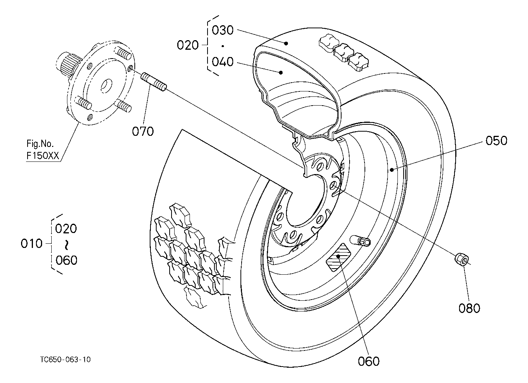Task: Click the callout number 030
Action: [222, 30]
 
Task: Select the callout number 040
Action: [222, 62]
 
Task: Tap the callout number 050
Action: [496, 141]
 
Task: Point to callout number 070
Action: [142, 131]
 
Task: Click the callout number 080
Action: [469, 308]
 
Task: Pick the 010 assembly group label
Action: [31, 243]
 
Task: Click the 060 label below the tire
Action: [369, 361]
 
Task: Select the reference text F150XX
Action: [43, 156]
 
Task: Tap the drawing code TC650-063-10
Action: [65, 360]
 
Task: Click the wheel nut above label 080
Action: [461, 259]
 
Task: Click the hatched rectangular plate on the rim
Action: [338, 257]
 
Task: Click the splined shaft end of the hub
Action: [68, 64]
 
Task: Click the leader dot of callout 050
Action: [392, 169]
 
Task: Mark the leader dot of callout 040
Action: [281, 73]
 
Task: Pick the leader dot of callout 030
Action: [286, 43]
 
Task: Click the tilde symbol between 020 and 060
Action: [66, 245]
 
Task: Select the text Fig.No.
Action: [40, 143]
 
